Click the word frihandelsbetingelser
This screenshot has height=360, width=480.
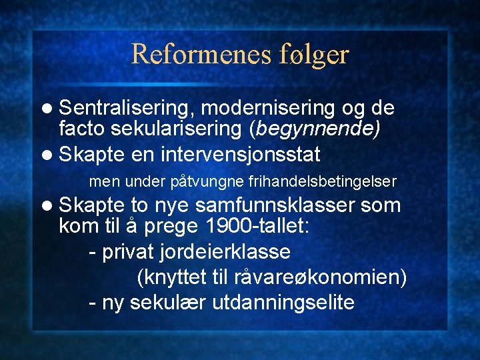point(323,181)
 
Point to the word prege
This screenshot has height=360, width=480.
point(170,227)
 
